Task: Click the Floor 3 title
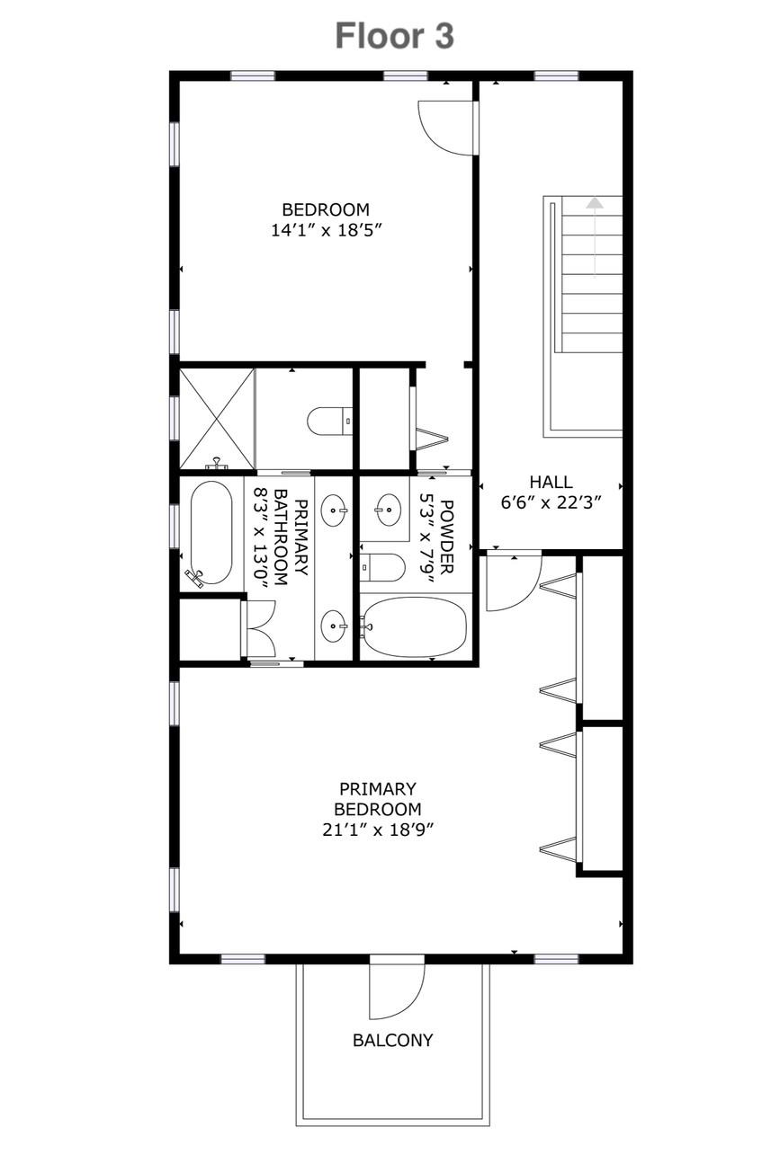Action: point(394,36)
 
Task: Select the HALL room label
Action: point(551,482)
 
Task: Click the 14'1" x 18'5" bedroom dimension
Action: point(327,229)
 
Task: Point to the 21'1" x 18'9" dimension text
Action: point(378,830)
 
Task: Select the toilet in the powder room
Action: point(382,567)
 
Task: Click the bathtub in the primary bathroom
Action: point(211,534)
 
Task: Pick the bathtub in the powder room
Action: point(415,626)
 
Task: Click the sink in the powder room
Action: point(388,510)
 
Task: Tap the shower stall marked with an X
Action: point(217,419)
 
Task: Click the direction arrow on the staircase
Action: point(595,238)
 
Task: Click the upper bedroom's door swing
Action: point(448,128)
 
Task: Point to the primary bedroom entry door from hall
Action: point(514,583)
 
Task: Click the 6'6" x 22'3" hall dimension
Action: point(551,503)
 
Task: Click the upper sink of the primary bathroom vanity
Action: point(333,510)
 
